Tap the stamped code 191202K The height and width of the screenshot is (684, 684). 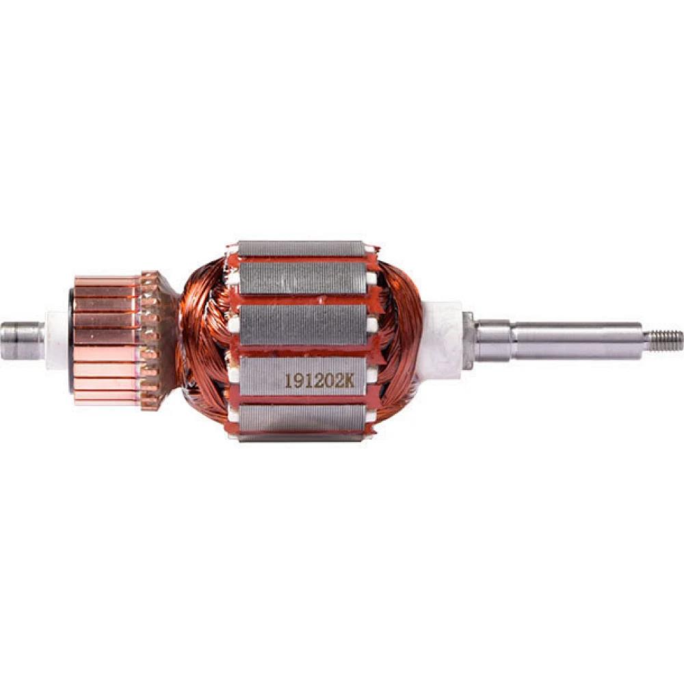(x=319, y=380)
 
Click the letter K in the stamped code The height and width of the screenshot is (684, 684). (x=349, y=380)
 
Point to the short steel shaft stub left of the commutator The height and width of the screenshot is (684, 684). (x=23, y=340)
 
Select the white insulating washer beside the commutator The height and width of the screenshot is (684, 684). (x=57, y=340)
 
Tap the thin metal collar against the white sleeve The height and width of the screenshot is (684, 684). (x=468, y=339)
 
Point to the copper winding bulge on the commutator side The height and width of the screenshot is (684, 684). (x=204, y=340)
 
